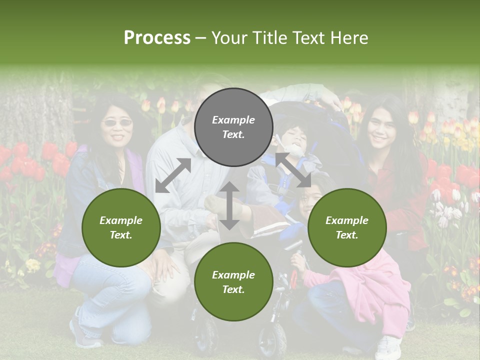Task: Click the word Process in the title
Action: [157, 38]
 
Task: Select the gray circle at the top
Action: [233, 127]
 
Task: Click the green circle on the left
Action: [121, 227]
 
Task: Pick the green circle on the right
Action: [346, 227]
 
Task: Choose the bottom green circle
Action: [233, 282]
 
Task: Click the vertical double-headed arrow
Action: [229, 205]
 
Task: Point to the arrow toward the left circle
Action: [173, 175]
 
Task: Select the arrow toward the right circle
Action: [292, 170]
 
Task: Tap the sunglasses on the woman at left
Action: [117, 122]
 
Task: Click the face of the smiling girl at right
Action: [381, 131]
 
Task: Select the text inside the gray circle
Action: [233, 127]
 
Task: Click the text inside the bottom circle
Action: [233, 282]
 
